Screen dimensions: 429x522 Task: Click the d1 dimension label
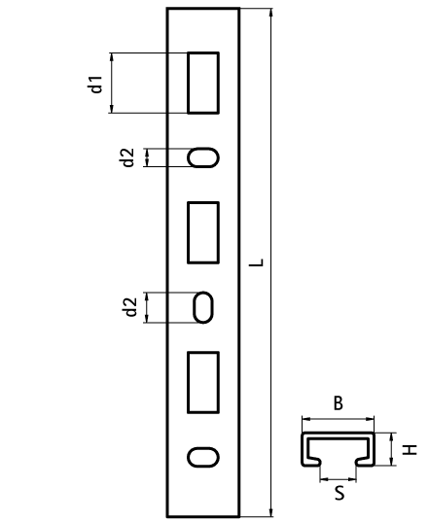tap(96, 85)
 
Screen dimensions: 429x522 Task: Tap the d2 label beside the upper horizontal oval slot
tap(127, 157)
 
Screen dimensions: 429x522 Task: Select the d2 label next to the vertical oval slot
tap(130, 307)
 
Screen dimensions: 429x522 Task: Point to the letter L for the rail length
tap(257, 262)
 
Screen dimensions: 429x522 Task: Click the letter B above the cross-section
tap(339, 403)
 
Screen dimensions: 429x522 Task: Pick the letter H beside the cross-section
tap(410, 450)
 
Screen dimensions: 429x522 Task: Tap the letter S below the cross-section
tap(340, 494)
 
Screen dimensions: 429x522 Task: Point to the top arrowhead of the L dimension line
tap(271, 13)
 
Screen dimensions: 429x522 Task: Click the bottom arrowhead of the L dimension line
tap(271, 511)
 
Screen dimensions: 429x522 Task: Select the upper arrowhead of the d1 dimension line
tap(112, 57)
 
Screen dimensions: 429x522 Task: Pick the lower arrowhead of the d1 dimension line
tap(112, 108)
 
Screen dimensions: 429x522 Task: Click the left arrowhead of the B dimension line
tap(306, 419)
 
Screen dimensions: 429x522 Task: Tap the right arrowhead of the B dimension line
tap(370, 419)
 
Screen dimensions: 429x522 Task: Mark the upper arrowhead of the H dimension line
tap(392, 437)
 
